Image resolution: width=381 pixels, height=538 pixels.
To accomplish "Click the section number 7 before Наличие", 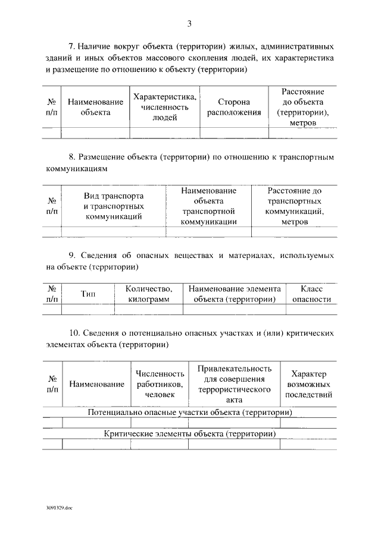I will pyautogui.click(x=71, y=46).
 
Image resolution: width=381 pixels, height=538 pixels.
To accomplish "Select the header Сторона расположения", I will pyautogui.click(x=233, y=108).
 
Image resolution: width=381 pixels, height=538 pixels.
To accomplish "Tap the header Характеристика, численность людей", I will pyautogui.click(x=165, y=107).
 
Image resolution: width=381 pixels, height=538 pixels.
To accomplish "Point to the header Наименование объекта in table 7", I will pyautogui.click(x=95, y=107).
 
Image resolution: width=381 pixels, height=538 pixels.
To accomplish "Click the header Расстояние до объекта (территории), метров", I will pyautogui.click(x=303, y=108).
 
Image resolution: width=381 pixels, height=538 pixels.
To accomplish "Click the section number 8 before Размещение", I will pyautogui.click(x=71, y=157).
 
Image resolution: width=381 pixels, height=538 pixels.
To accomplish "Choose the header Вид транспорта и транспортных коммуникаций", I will pyautogui.click(x=114, y=206).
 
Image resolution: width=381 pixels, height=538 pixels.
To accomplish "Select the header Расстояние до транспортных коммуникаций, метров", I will pyautogui.click(x=294, y=206).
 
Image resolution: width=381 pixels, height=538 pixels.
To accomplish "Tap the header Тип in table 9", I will pyautogui.click(x=88, y=294).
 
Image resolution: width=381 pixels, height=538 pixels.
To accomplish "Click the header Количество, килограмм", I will pyautogui.click(x=149, y=294).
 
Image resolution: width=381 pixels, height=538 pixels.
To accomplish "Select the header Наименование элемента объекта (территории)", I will pyautogui.click(x=235, y=294).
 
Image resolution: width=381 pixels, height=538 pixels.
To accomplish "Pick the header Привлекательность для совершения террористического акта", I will pyautogui.click(x=235, y=384).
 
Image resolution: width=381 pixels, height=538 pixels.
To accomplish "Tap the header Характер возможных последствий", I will pyautogui.click(x=308, y=384).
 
